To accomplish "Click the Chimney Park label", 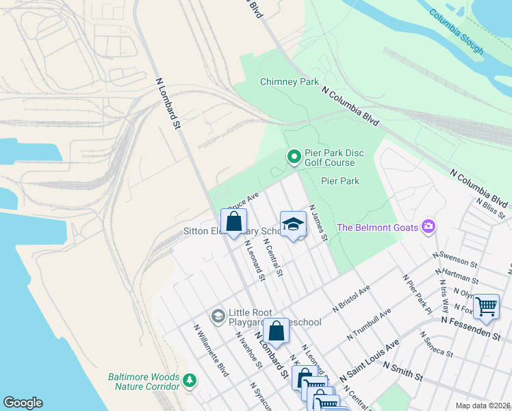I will [x=289, y=82].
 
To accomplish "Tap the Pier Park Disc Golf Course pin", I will [x=294, y=158].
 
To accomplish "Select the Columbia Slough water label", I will [x=457, y=32].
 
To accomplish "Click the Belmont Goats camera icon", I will [x=428, y=227].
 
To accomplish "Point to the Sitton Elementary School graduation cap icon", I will [x=293, y=225].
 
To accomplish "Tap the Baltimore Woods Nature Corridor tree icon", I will [x=190, y=379].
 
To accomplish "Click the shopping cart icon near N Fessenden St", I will [x=486, y=307].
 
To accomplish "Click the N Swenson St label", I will [x=455, y=258].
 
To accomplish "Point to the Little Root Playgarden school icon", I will [x=218, y=316].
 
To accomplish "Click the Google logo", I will [x=23, y=403].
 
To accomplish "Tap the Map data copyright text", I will [x=483, y=406].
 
